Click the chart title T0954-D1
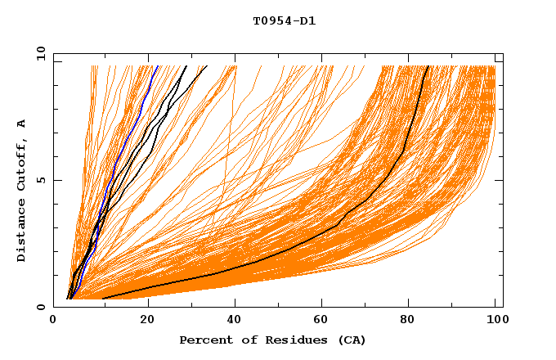pyautogui.click(x=284, y=20)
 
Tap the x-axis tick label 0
pyautogui.click(x=53, y=320)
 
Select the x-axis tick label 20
pyautogui.click(x=147, y=320)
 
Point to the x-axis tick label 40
pyautogui.click(x=235, y=320)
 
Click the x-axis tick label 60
pyautogui.click(x=325, y=320)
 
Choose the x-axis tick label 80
pyautogui.click(x=413, y=320)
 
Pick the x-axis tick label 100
pyautogui.click(x=497, y=320)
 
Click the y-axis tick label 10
pyautogui.click(x=39, y=54)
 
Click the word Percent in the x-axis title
pyautogui.click(x=203, y=340)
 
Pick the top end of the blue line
pyautogui.click(x=155, y=66)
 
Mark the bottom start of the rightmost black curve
pyautogui.click(x=103, y=299)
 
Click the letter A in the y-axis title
pyautogui.click(x=22, y=124)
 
